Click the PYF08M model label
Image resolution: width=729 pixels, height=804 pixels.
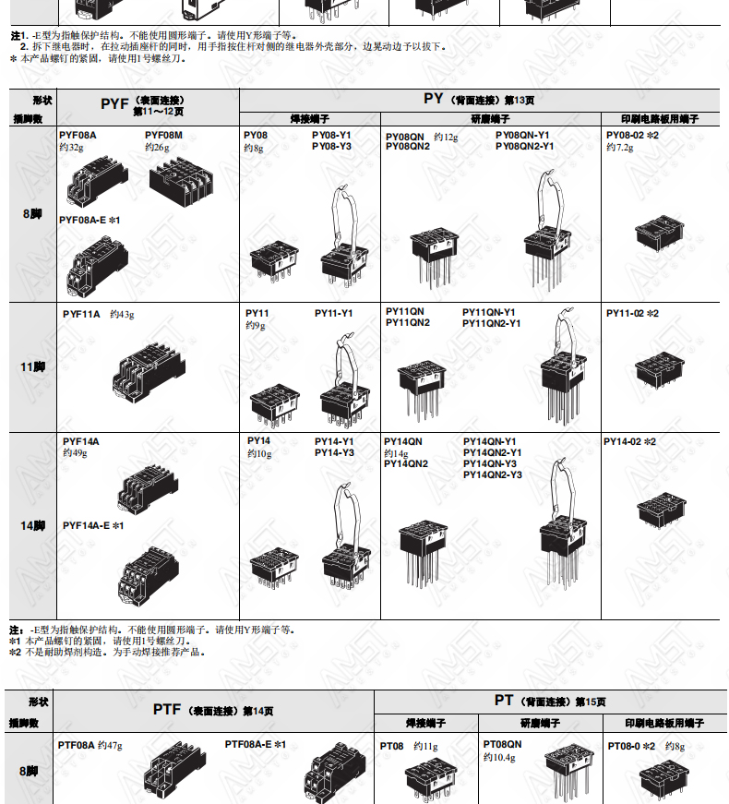tap(163, 136)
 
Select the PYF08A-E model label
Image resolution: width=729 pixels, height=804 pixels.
tap(82, 220)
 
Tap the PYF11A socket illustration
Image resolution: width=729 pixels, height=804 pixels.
tap(149, 371)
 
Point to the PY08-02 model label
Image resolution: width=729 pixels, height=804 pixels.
tap(625, 136)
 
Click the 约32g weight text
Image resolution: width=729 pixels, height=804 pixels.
tap(71, 148)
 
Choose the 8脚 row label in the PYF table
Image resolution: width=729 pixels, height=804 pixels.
tap(32, 214)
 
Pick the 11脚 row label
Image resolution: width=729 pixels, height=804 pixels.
tap(33, 367)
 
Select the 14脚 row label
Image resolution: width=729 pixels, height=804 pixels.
tap(33, 525)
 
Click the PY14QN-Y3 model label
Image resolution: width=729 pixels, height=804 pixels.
tap(490, 464)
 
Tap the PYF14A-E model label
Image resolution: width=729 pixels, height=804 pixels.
tap(86, 525)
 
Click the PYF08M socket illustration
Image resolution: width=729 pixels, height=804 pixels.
tap(182, 182)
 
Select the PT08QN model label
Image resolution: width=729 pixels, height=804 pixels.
tap(502, 744)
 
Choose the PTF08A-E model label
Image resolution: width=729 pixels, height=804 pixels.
tap(248, 745)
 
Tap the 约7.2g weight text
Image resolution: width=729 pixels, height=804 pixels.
tap(620, 148)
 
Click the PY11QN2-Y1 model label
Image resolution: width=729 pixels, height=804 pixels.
tap(491, 324)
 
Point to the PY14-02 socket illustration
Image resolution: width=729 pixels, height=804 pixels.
tap(662, 510)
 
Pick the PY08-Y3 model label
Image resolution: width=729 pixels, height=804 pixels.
tap(331, 146)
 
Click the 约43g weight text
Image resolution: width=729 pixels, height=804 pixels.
tap(122, 315)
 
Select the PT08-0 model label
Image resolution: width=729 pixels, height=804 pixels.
tap(624, 746)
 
